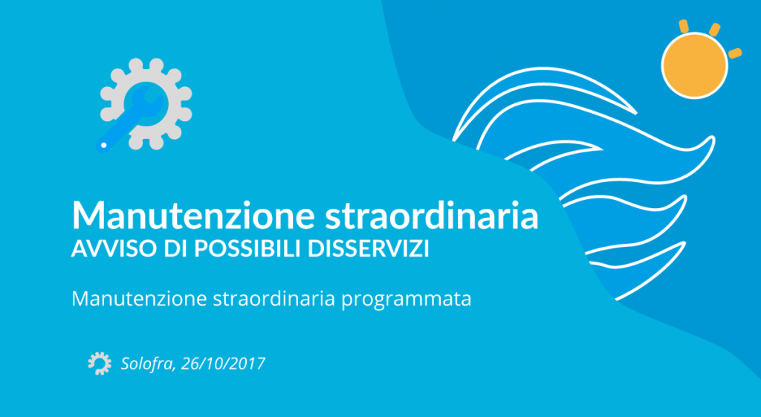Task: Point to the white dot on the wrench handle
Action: (x=103, y=145)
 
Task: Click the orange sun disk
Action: (x=695, y=65)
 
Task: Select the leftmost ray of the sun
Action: (x=684, y=26)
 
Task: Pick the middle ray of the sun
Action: (x=714, y=29)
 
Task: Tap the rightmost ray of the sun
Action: (x=735, y=53)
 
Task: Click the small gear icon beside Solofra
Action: (x=100, y=363)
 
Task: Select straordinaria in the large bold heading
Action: (x=431, y=215)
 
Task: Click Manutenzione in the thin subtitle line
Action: (x=139, y=299)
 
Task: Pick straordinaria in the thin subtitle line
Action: (x=274, y=299)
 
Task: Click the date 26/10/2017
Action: (x=223, y=363)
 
